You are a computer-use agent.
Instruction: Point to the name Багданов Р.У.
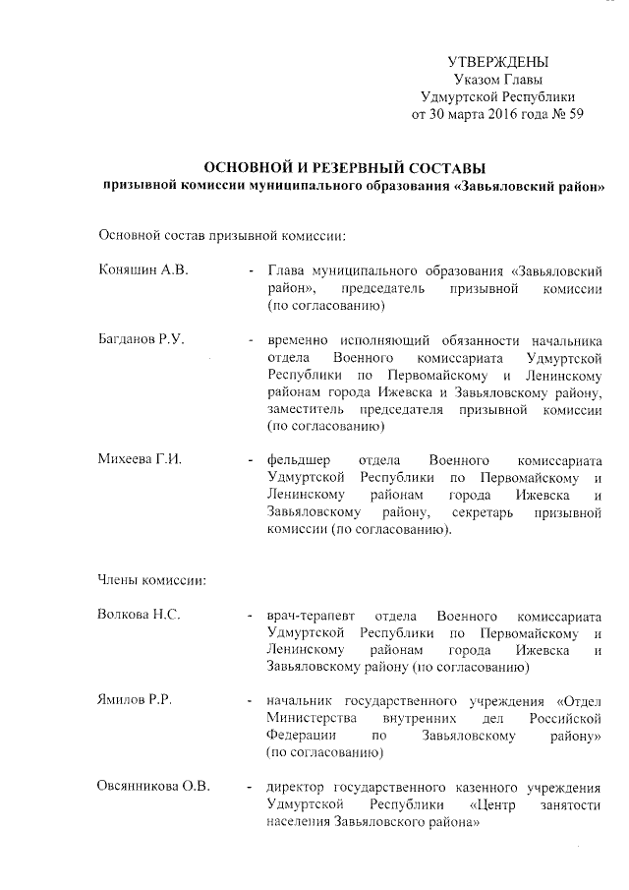[141, 339]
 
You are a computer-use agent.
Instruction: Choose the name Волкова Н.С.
[138, 616]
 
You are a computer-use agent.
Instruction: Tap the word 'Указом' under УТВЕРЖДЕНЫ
[479, 80]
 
